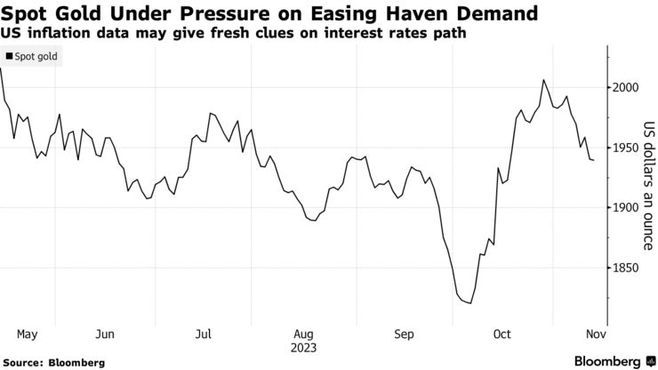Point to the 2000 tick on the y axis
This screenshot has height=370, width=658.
626,87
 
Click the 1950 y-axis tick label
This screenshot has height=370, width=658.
626,148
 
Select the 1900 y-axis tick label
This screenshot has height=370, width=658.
626,207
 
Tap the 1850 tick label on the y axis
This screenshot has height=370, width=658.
626,267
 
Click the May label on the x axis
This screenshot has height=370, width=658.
27,334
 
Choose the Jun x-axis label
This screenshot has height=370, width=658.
105,334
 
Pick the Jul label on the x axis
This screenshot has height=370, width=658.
203,334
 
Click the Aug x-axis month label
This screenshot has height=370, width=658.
303,334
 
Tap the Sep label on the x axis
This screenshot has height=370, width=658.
405,334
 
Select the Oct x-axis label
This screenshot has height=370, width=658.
502,334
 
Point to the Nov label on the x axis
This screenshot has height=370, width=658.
595,334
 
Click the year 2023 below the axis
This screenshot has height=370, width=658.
303,348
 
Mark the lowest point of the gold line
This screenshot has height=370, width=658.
469,303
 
